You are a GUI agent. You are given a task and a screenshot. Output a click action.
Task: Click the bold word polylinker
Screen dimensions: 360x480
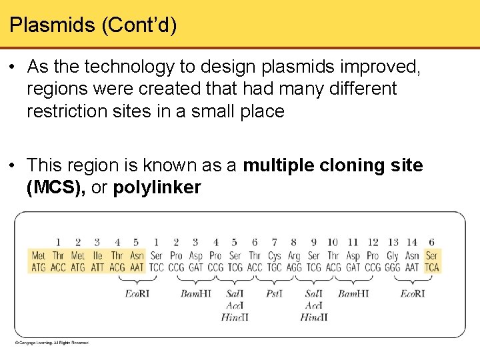[157, 188]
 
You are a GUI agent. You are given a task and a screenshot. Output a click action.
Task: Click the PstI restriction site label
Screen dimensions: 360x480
[275, 293]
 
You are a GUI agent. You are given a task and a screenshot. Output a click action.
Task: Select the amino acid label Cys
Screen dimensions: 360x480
[274, 256]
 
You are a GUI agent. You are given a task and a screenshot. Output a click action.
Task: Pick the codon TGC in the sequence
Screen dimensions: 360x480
[274, 267]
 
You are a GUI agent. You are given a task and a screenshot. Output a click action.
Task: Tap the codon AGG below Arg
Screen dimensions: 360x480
[294, 267]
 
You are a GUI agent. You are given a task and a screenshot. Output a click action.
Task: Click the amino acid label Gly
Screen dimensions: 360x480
[393, 256]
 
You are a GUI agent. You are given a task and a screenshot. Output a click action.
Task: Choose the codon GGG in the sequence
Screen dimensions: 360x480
[393, 267]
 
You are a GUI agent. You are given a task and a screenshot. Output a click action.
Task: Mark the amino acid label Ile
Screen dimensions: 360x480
[97, 256]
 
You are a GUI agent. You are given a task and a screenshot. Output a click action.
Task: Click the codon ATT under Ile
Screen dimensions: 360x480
[97, 267]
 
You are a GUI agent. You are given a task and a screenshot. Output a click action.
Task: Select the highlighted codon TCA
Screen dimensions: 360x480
[432, 267]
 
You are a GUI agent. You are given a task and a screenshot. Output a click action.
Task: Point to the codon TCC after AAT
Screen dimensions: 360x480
[156, 267]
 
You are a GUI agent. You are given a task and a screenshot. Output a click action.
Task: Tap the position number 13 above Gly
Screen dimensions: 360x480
[393, 243]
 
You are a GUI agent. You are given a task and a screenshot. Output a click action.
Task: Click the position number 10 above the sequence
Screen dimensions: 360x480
[333, 243]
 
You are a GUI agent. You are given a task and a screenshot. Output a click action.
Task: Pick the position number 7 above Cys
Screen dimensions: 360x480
[274, 243]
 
